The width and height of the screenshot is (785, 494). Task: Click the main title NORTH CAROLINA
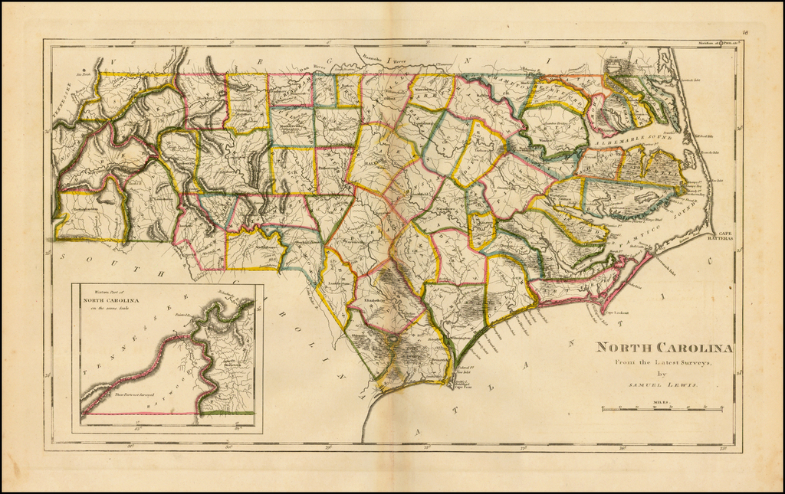coord(664,348)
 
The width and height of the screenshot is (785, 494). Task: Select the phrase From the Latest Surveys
coord(663,362)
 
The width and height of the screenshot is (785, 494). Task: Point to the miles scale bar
coord(662,410)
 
